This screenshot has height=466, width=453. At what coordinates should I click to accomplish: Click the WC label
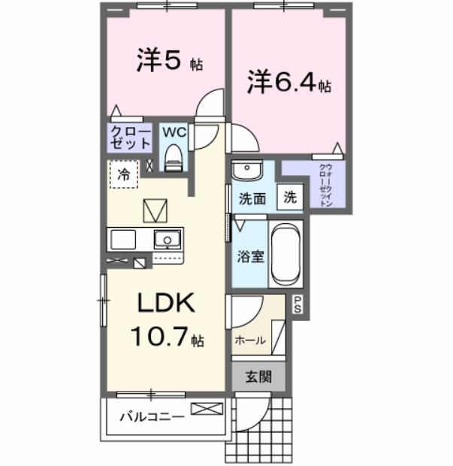(x=174, y=132)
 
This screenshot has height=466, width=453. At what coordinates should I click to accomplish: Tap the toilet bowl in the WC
(x=174, y=157)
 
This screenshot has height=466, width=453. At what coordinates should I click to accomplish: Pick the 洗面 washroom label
(x=252, y=199)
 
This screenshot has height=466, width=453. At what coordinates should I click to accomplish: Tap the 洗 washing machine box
(x=290, y=198)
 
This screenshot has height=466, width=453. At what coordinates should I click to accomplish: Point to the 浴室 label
(x=251, y=256)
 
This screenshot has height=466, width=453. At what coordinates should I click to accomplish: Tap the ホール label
(x=250, y=340)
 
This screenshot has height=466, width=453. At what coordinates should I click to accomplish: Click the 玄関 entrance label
(x=259, y=377)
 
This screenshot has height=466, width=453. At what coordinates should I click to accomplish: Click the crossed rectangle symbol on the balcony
(x=207, y=409)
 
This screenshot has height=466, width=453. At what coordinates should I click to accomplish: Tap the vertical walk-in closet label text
(x=327, y=184)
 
